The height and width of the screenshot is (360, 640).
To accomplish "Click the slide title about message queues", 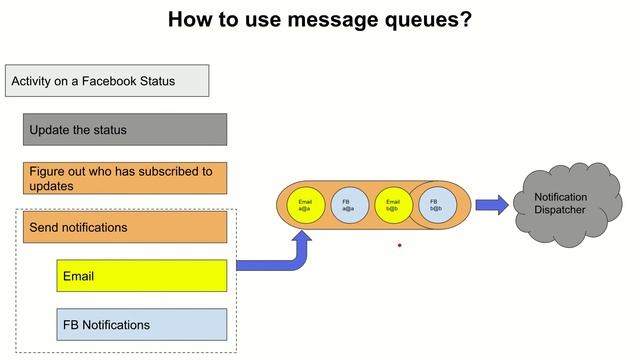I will [319, 19].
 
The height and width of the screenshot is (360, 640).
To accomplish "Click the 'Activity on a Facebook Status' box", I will [107, 81].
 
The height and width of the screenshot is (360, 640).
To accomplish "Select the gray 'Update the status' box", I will [125, 129].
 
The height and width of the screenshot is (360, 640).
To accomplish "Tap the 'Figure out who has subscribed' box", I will [125, 178].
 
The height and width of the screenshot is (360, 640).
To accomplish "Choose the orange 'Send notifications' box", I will [125, 227].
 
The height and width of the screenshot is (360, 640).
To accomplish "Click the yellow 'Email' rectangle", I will [141, 275].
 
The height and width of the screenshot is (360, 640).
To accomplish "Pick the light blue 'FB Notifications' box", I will [141, 324].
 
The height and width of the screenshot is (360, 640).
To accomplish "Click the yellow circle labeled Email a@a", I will [306, 205].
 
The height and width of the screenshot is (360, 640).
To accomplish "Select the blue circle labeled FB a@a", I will [348, 205].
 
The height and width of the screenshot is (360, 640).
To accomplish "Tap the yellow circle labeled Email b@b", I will [392, 205].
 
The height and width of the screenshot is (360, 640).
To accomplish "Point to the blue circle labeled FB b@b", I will [436, 205].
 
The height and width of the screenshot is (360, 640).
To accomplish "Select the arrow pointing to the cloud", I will [491, 205].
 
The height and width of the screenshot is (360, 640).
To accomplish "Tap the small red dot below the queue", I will [399, 244].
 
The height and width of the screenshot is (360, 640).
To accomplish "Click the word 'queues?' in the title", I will [428, 19].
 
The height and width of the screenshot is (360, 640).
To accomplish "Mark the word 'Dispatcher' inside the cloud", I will [560, 210].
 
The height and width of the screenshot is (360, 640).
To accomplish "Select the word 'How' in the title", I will [187, 19].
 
